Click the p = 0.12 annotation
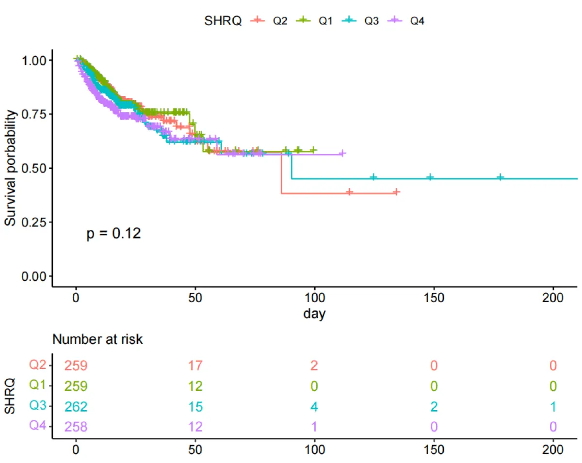pos(113,234)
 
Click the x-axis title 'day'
pos(314,314)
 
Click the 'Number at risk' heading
pos(97,339)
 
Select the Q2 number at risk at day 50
pos(195,366)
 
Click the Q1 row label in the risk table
pos(37,385)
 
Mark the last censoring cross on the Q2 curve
pos(396,192)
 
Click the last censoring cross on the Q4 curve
pos(342,154)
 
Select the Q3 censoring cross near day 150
pos(430,177)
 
